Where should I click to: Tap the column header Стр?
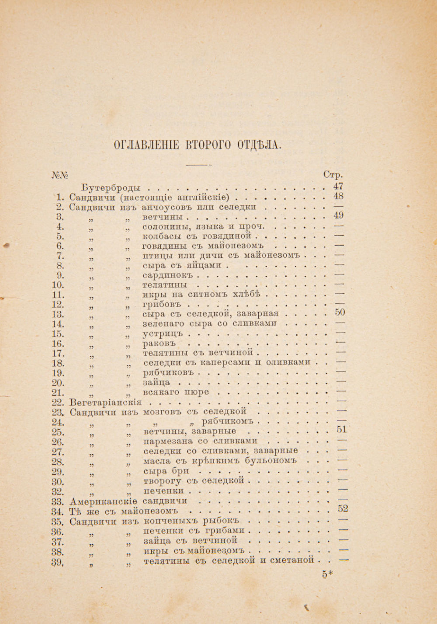(333, 175)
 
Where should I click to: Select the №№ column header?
(60, 175)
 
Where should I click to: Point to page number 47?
(338, 186)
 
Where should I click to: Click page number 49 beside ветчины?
(338, 215)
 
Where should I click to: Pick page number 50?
(340, 312)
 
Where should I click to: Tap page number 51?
(341, 430)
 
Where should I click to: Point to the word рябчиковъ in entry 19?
(168, 373)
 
